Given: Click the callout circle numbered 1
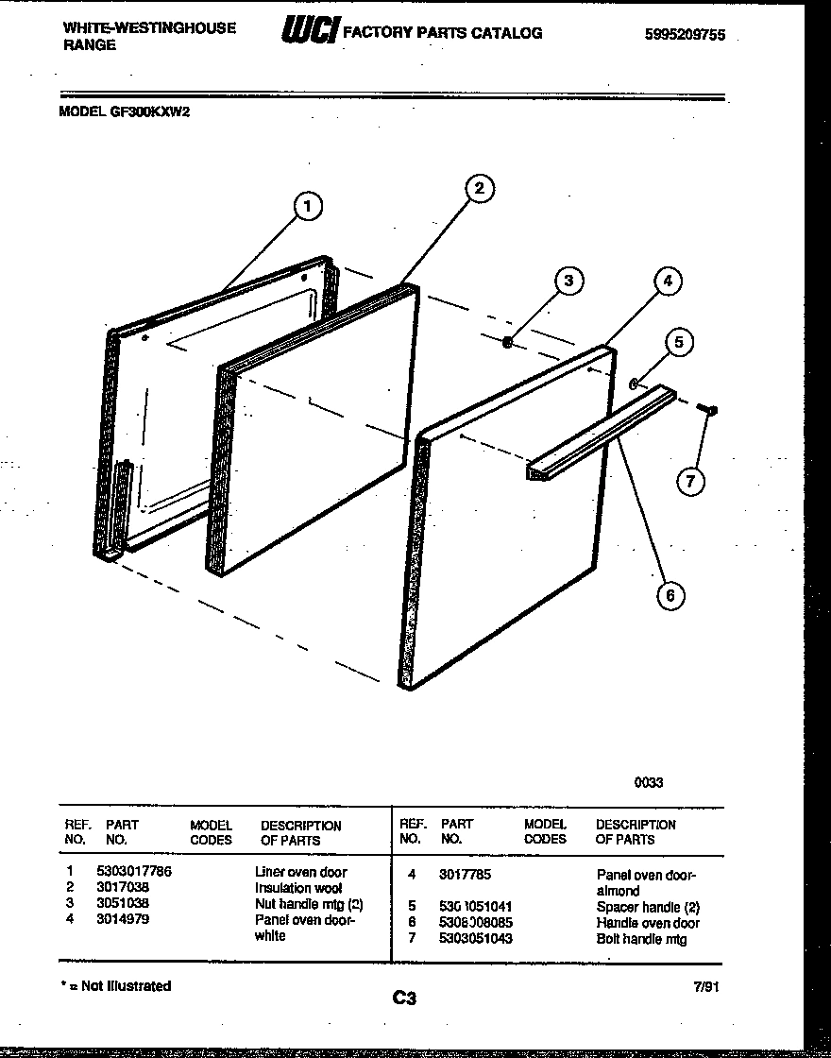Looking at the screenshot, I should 307,206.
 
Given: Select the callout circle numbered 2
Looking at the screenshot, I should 479,188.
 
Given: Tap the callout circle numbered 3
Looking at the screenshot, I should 567,281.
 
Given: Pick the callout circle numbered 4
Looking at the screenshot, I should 667,281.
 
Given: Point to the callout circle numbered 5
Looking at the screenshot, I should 678,342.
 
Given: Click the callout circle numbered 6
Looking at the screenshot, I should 670,594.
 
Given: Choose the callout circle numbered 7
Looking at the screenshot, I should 690,481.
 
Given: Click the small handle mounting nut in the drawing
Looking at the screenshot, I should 507,343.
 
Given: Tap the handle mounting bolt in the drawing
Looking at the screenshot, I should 706,409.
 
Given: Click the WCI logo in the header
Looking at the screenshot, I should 309,33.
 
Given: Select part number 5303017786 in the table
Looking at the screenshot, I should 134,872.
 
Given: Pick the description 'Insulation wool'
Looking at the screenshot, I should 297,888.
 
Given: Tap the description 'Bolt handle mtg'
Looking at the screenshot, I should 641,939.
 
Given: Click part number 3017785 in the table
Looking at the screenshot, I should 465,875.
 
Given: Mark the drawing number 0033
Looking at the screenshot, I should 648,782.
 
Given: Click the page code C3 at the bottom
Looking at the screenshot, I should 403,998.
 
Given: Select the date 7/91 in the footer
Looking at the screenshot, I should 705,986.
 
